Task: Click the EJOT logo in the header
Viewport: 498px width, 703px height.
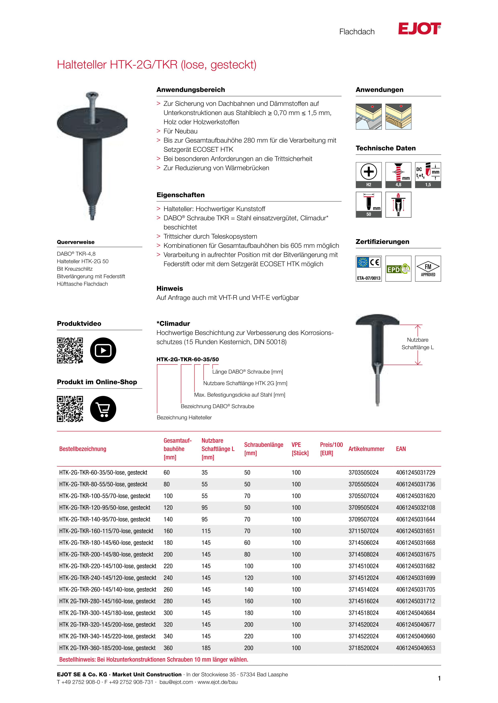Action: point(419,28)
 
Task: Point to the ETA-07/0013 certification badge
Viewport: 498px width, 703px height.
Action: point(369,269)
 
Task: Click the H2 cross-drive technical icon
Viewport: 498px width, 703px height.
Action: point(369,175)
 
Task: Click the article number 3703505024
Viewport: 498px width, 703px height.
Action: point(363,472)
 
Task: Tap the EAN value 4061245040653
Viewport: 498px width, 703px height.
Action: point(415,648)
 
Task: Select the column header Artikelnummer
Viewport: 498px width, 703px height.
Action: point(366,449)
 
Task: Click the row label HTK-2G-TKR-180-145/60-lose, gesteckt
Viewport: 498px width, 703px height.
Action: point(106,543)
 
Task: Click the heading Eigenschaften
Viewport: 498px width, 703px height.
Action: point(180,195)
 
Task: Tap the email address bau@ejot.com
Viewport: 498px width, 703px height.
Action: point(176,682)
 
